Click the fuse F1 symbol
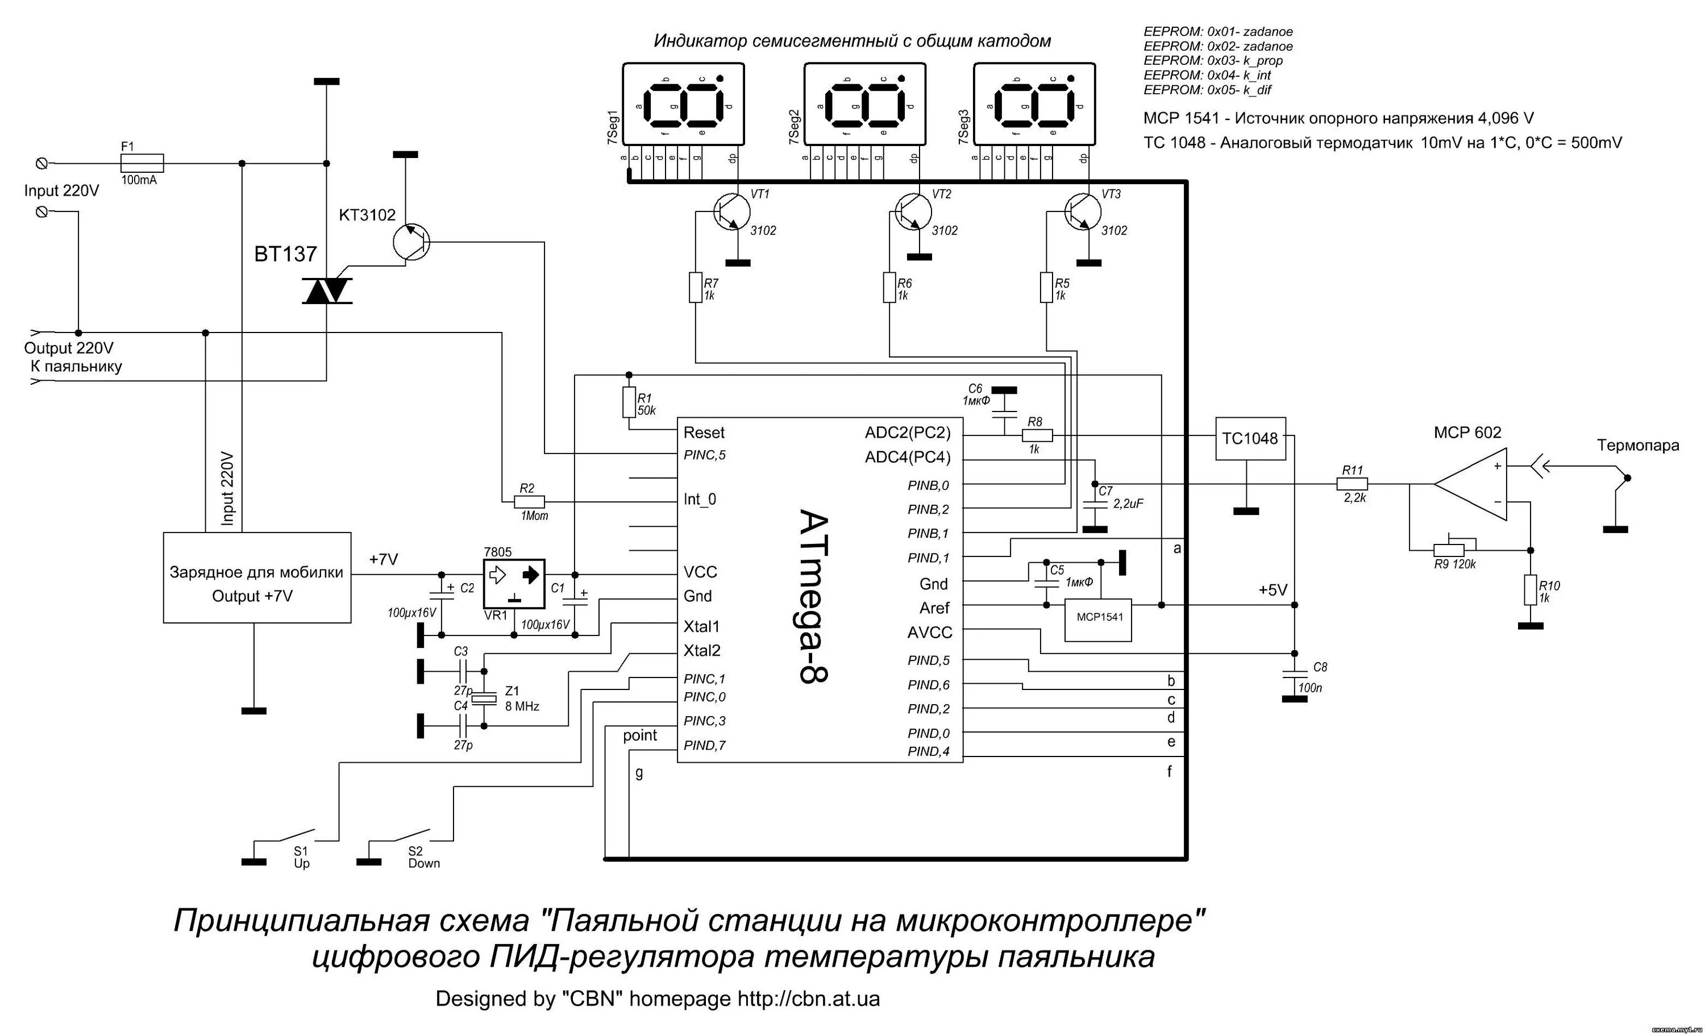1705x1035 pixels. tap(142, 163)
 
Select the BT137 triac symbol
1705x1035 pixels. tap(327, 290)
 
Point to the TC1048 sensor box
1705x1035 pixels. tap(1250, 439)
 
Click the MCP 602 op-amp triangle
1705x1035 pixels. tap(1470, 484)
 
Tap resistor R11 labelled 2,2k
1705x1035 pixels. tap(1353, 484)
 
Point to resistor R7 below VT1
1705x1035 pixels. tap(696, 288)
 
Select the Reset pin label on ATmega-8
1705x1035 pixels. tap(704, 433)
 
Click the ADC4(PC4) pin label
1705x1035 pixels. tap(907, 458)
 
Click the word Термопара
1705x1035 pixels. tap(1638, 446)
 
